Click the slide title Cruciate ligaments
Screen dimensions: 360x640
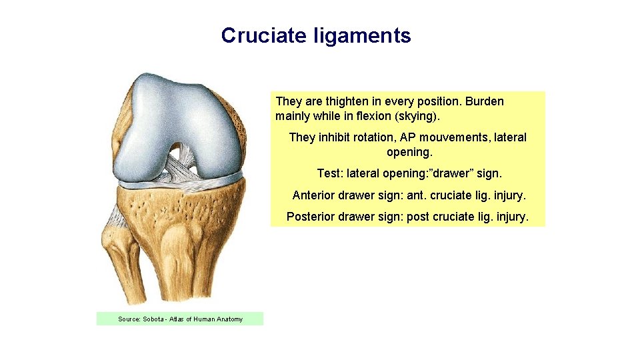click(x=316, y=35)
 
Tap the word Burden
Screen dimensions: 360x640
click(x=484, y=101)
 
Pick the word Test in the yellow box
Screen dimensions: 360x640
click(x=328, y=173)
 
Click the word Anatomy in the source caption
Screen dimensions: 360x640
click(x=229, y=319)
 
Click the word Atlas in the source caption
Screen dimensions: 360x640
click(x=178, y=319)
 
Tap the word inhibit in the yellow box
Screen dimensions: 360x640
click(x=331, y=137)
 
